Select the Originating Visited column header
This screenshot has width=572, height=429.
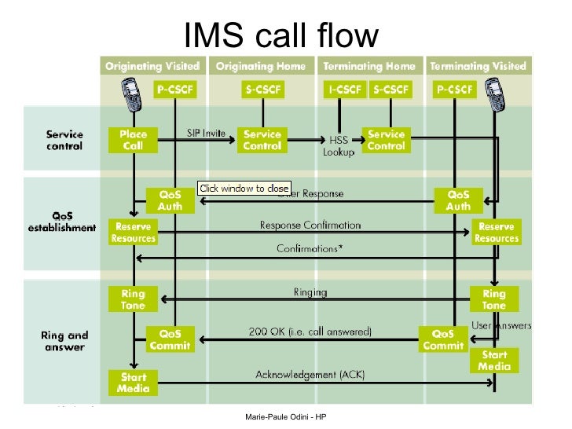pos(152,66)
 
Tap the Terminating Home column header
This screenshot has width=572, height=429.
pos(368,66)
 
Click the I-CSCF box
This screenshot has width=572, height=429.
pos(345,90)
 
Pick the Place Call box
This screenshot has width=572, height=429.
pos(134,140)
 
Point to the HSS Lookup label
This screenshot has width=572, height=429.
pos(339,146)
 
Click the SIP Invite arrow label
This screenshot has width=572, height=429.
pos(206,133)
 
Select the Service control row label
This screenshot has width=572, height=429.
pos(65,140)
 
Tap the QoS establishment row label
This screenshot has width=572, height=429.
pos(64,221)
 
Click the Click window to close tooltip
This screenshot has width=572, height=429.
pos(244,189)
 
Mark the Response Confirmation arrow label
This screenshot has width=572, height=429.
pos(310,225)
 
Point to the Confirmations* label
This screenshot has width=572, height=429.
pos(310,248)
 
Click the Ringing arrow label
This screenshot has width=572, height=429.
pos(310,292)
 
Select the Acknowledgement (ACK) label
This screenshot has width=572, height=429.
pos(310,374)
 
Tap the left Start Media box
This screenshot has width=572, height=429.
pos(134,383)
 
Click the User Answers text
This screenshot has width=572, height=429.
pos(500,325)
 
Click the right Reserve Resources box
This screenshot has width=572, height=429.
pos(497,233)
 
